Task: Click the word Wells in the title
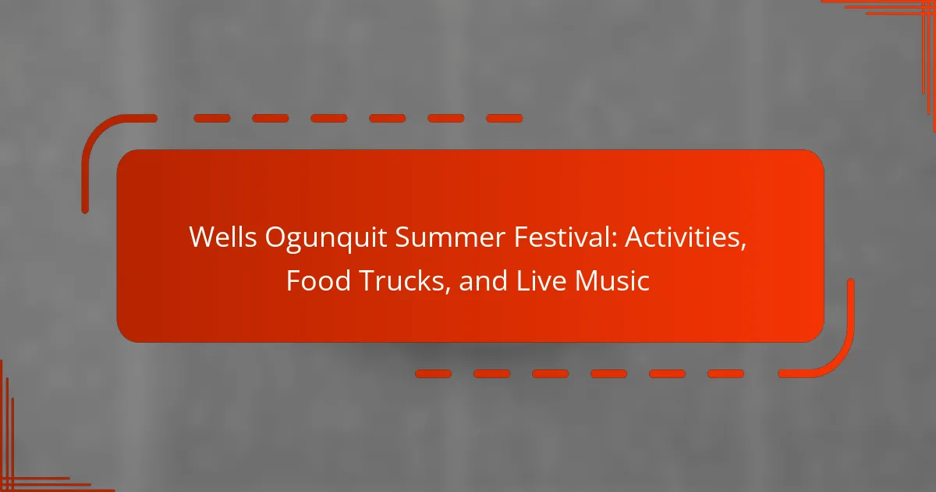pos(223,237)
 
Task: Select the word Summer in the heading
pos(450,237)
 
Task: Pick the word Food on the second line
pos(318,280)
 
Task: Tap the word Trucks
pos(402,280)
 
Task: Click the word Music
pos(612,280)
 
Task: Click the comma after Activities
pos(743,247)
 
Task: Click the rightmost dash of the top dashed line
pos(505,119)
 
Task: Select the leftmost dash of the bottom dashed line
pos(434,373)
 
